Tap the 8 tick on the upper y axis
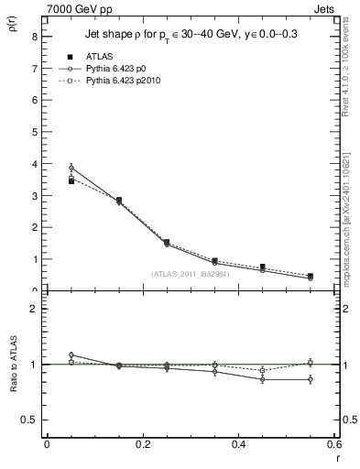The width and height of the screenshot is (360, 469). (x=34, y=38)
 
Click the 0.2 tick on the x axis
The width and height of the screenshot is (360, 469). (x=142, y=445)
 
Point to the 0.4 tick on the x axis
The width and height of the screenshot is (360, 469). (x=238, y=445)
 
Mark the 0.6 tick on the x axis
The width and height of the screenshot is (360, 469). (x=333, y=445)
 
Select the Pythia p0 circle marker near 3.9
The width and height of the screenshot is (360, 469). (x=71, y=168)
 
